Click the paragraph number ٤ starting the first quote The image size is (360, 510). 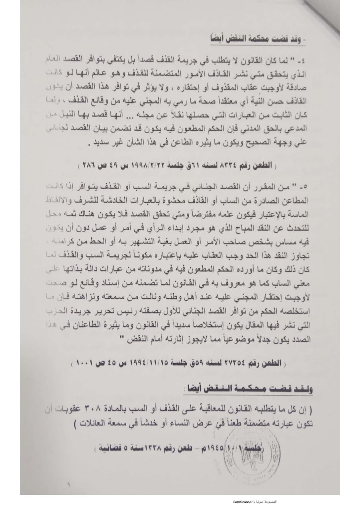point(309,59)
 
